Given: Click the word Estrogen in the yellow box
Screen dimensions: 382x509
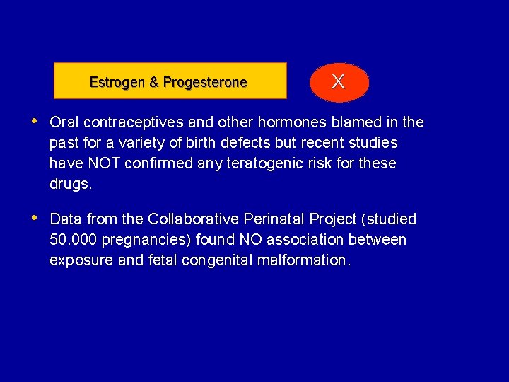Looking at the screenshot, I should (117, 82).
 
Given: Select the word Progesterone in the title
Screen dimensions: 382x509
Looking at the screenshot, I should (205, 82).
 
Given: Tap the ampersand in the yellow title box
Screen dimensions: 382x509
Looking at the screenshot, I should (154, 82).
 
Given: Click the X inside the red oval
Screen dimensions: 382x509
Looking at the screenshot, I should (339, 82).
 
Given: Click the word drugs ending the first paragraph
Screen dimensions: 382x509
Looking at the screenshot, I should (70, 184).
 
